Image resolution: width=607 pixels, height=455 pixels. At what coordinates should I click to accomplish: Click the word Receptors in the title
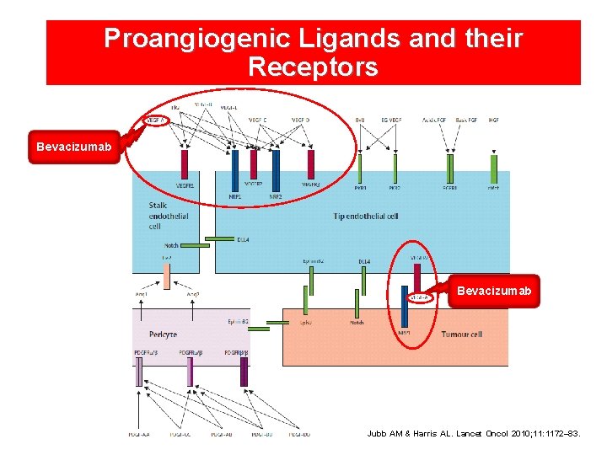313,67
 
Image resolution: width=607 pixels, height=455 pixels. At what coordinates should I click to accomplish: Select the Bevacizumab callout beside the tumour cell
494,291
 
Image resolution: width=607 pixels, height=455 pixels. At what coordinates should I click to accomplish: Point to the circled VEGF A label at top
156,120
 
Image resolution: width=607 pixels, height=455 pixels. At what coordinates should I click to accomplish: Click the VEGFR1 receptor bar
184,163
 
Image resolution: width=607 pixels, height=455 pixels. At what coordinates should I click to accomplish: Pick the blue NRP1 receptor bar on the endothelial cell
235,171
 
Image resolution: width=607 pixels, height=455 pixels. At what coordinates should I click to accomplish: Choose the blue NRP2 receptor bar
276,171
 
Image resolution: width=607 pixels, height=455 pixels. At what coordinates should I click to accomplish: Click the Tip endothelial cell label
365,217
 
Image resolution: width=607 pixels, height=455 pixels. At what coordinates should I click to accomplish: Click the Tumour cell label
462,335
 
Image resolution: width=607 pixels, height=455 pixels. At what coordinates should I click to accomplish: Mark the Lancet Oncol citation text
485,434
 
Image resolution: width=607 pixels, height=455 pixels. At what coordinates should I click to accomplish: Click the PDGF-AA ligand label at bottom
141,435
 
